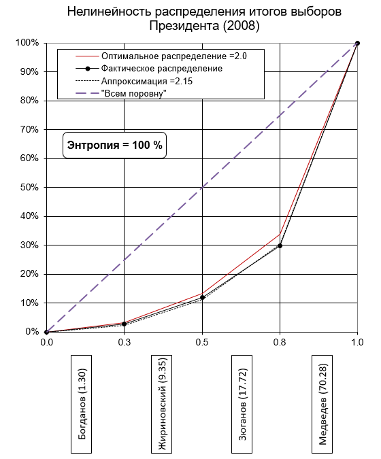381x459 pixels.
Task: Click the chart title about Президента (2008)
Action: point(204,19)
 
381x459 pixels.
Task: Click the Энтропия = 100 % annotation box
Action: point(114,146)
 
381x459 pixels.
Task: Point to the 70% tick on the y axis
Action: point(29,129)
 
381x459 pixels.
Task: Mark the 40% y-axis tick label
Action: point(29,216)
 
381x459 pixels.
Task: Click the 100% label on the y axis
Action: point(27,43)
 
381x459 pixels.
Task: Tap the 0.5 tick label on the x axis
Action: point(202,342)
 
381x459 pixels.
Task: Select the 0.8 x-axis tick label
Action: point(280,342)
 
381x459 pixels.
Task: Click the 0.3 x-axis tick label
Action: point(125,342)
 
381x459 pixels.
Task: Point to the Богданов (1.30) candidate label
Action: point(82,404)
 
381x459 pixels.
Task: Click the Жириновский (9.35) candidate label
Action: point(161,404)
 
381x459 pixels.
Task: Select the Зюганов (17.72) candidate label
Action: point(242,404)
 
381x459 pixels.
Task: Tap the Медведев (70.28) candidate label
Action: point(322,404)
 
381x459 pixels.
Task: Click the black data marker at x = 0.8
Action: point(280,246)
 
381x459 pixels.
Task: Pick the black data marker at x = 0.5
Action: point(202,297)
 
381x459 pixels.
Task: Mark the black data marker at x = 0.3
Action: point(125,324)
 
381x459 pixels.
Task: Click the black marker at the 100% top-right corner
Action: point(357,44)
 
